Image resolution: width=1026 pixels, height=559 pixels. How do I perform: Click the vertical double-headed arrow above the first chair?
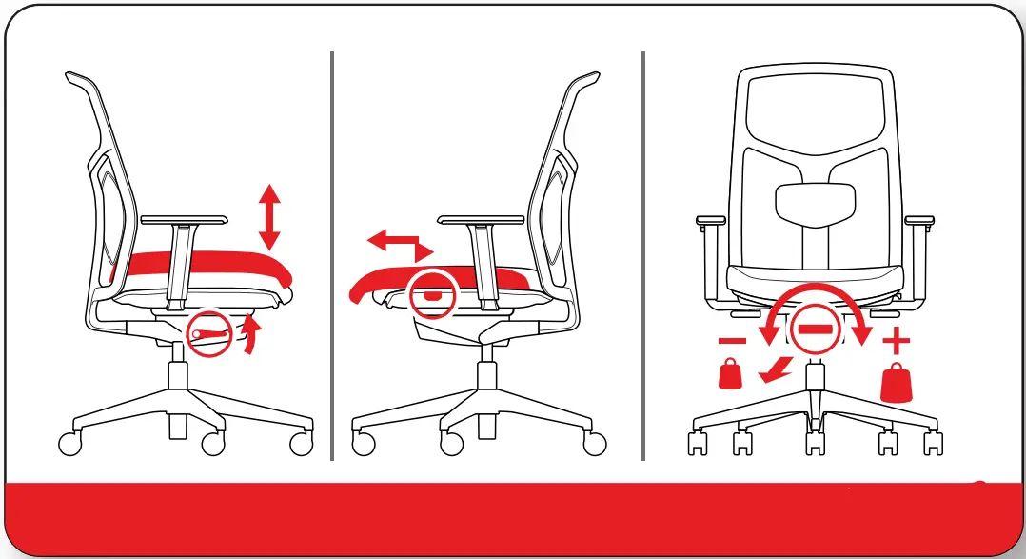pos(270,218)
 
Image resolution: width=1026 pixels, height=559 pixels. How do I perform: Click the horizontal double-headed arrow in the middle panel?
pos(401,244)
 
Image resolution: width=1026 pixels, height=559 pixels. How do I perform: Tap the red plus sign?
pos(897,341)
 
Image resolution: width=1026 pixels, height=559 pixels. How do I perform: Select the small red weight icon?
pos(731,374)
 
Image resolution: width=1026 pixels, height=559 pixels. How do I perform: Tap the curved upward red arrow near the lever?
pos(251,335)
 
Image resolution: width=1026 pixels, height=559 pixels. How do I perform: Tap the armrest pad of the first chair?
pos(184,219)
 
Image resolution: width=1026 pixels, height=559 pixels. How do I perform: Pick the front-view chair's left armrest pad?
pos(710,222)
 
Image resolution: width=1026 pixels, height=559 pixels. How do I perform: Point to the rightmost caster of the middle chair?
pos(595,443)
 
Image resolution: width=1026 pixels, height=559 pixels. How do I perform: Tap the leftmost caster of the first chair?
pos(70,443)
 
